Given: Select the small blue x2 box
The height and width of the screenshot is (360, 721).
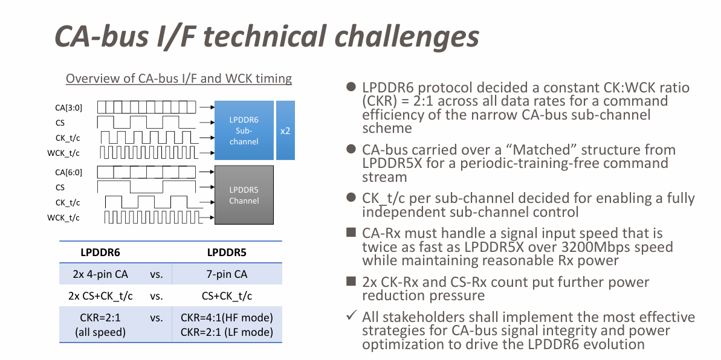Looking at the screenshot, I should pos(285,130).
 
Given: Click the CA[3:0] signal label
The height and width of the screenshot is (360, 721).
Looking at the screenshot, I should pos(68,108).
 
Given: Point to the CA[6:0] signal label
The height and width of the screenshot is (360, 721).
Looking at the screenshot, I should pos(68,172).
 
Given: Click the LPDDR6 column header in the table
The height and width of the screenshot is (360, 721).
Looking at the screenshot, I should pos(97,252).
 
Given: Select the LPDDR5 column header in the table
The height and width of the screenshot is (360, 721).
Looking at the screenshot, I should pos(226,252).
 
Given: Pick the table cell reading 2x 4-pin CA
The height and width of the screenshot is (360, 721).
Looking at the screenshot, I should pos(97,274).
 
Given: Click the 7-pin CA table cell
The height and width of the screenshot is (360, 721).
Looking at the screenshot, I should pos(226,274).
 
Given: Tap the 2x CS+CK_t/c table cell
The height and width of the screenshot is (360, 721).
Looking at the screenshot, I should pos(97,295).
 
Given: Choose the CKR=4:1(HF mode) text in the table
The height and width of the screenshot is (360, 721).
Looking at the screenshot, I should pos(227,318).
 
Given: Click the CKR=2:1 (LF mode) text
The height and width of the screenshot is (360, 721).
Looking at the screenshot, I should pos(227,332).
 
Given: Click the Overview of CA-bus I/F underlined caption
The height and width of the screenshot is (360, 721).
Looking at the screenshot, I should pos(178,79).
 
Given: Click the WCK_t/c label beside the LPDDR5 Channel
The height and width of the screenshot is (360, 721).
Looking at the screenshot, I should pos(63,217).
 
